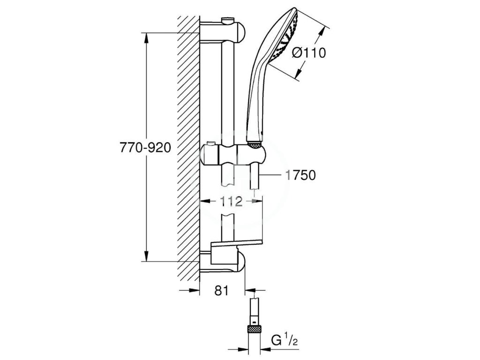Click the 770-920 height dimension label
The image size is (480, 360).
[145, 148]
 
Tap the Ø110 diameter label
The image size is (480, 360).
[308, 52]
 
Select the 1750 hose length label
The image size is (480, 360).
[300, 175]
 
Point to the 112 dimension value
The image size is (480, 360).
[231, 201]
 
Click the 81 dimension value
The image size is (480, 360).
[222, 291]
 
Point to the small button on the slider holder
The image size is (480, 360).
[210, 144]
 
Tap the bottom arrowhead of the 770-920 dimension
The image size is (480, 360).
[147, 256]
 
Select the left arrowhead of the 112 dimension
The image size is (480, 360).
[205, 201]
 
